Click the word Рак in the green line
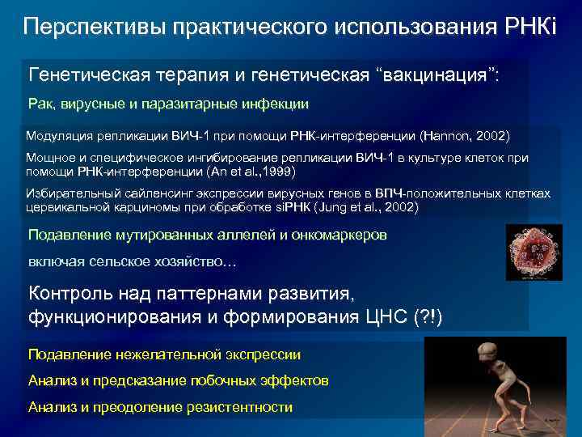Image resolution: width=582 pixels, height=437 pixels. pyautogui.click(x=39, y=104)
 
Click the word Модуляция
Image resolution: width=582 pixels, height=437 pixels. pyautogui.click(x=60, y=134)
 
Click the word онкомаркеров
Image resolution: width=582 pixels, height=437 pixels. pyautogui.click(x=335, y=235)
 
